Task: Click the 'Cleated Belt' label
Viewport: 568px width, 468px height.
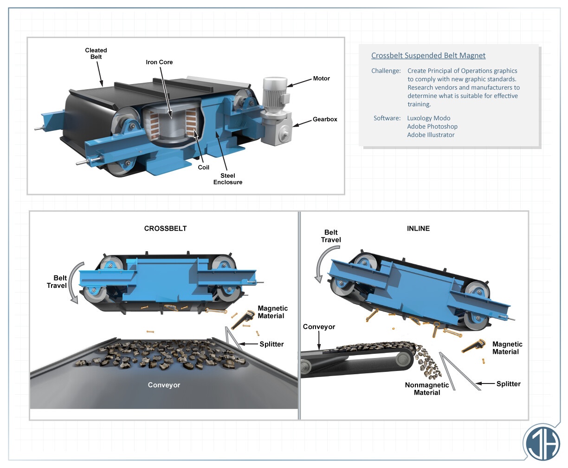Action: [96, 53]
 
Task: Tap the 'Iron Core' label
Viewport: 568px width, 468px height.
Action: [159, 62]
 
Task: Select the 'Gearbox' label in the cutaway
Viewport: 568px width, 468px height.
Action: [325, 119]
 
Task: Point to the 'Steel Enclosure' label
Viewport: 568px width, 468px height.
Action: [227, 179]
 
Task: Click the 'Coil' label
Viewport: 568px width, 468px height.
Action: [204, 168]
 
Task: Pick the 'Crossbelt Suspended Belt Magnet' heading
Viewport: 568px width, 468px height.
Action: [428, 56]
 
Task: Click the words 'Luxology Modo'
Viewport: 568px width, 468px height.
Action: [429, 118]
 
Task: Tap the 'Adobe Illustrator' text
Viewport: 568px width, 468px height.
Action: [431, 135]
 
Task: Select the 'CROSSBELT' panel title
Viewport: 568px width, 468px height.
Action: [165, 228]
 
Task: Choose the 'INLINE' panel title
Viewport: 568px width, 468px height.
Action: [418, 228]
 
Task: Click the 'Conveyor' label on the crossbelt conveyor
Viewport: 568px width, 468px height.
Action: [164, 385]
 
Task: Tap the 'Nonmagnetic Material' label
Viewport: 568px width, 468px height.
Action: [427, 389]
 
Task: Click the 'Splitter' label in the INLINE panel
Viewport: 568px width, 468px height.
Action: [508, 384]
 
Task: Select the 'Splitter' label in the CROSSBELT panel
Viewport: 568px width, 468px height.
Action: [271, 344]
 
